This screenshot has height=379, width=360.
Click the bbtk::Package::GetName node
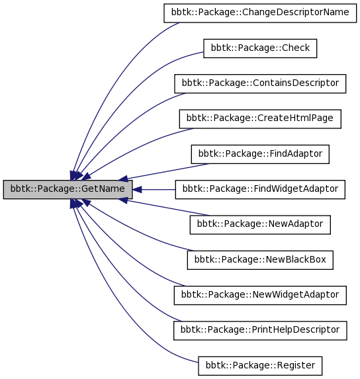[x=67, y=189]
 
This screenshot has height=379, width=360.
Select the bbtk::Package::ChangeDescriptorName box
[x=260, y=13]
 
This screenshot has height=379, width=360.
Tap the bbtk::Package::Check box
[x=260, y=48]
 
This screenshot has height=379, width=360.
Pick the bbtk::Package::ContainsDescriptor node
[x=260, y=83]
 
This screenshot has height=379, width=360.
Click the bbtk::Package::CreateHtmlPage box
[x=260, y=119]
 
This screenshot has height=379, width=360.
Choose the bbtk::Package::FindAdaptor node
[x=260, y=154]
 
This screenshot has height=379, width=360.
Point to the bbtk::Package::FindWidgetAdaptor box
[x=260, y=189]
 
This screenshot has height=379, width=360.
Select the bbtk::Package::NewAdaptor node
[x=260, y=225]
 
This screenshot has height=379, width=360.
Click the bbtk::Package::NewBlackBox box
[x=260, y=260]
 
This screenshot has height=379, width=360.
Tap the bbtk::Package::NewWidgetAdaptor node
[x=260, y=296]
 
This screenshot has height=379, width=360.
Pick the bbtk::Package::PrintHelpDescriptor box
[x=260, y=331]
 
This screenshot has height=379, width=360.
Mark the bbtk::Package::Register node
[x=260, y=366]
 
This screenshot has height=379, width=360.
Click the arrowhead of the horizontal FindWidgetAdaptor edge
[x=137, y=189]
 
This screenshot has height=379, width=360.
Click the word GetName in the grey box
[x=103, y=189]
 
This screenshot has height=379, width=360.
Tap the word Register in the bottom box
[x=296, y=366]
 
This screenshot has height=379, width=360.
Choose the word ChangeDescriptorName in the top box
[x=295, y=12]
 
